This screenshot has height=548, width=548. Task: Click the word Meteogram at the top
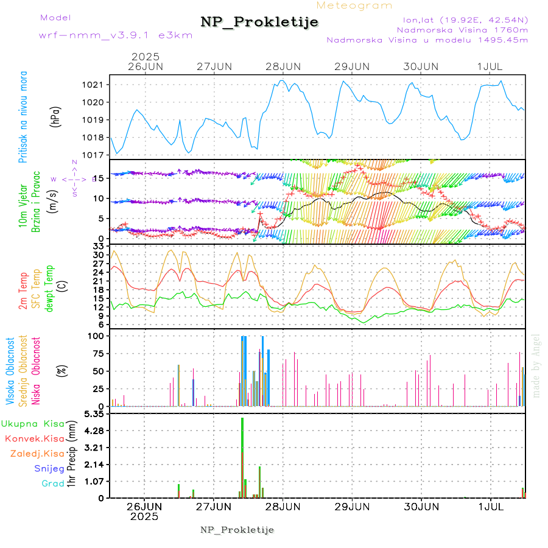pos(355,5)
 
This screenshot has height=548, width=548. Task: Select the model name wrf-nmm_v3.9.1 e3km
pos(116,35)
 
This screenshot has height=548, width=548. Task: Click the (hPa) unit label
pos(55,116)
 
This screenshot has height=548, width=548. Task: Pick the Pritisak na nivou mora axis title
pos(24,116)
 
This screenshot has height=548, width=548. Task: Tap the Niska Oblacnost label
pos(36,371)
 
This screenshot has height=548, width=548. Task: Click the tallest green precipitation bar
pos(242,457)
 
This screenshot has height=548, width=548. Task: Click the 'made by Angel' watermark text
pos(536,365)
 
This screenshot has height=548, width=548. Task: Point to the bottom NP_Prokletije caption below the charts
pos(237,530)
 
